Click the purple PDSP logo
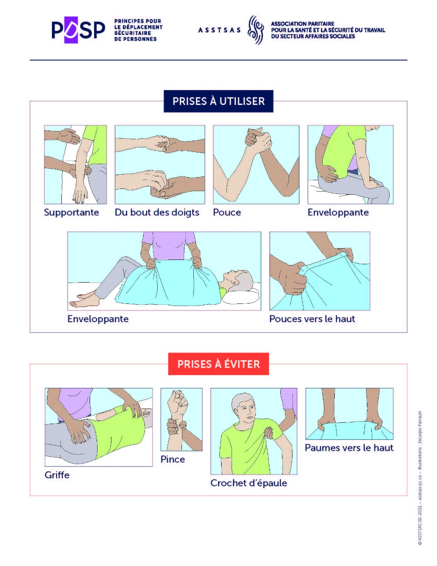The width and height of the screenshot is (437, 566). (x=78, y=30)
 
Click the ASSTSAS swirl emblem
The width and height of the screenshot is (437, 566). (x=255, y=30)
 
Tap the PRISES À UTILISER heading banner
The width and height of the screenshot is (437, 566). (x=218, y=101)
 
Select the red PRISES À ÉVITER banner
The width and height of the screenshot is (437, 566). (x=218, y=364)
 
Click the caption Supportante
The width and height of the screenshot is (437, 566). (x=71, y=212)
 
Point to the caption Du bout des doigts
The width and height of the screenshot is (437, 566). (x=157, y=212)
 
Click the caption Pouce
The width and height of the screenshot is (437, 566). (x=227, y=212)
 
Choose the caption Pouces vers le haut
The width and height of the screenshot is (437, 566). (x=312, y=319)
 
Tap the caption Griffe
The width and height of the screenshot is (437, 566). (x=57, y=475)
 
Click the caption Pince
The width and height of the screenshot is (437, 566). (x=172, y=459)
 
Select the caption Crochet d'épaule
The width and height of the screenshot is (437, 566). (x=249, y=483)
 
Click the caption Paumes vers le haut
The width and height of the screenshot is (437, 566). (x=349, y=448)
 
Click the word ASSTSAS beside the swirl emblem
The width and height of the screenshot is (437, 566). (x=219, y=30)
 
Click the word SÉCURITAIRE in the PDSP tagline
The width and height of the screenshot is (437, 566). (x=133, y=33)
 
